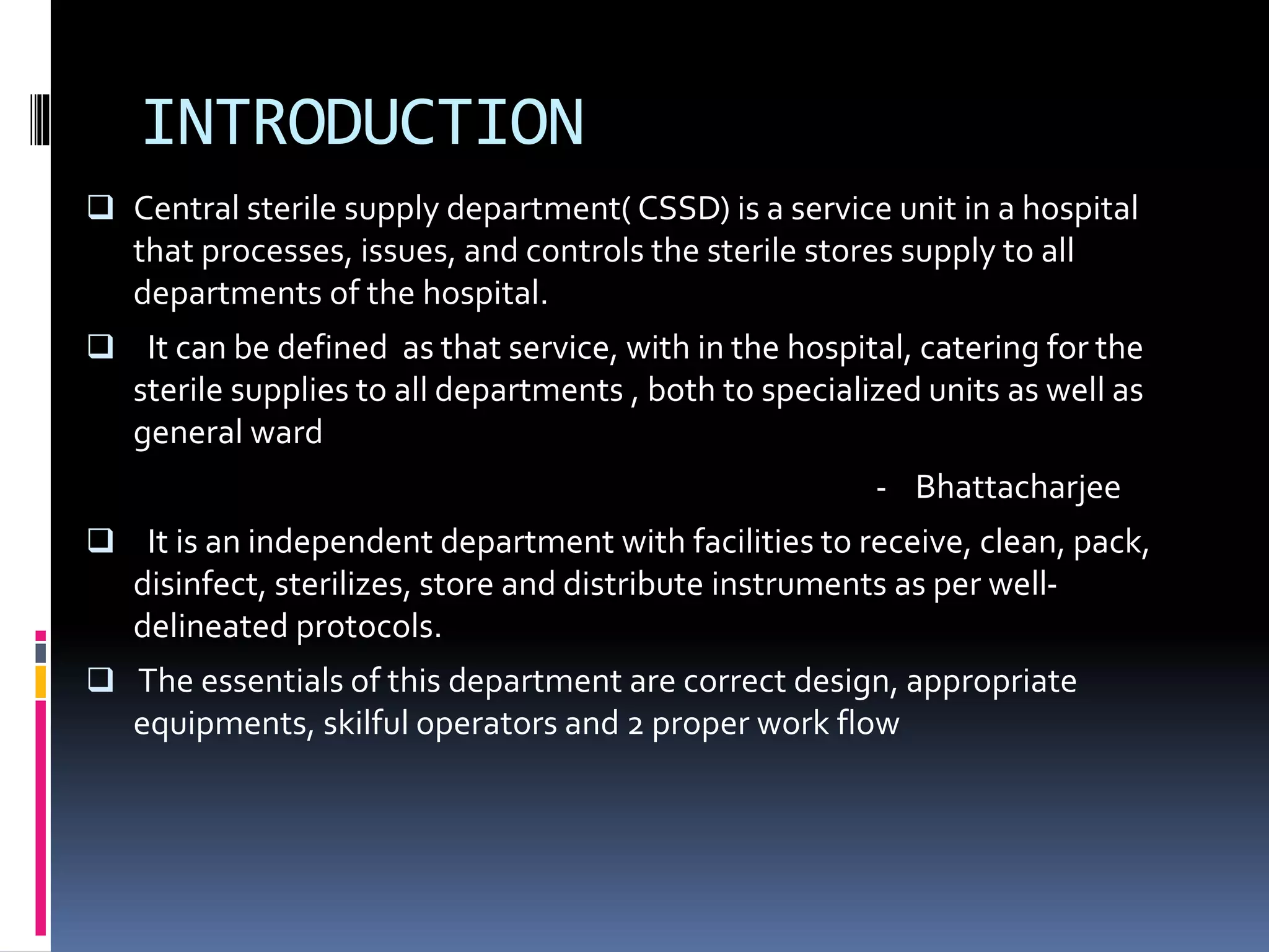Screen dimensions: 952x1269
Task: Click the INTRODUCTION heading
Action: pyautogui.click(x=363, y=123)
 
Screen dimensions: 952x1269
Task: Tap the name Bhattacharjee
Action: pyautogui.click(x=1017, y=487)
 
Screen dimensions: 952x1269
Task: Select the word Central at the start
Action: pyautogui.click(x=186, y=209)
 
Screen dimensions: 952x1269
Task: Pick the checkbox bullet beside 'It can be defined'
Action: pyautogui.click(x=100, y=346)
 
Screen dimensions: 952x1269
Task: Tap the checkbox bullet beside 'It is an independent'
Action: pyautogui.click(x=100, y=540)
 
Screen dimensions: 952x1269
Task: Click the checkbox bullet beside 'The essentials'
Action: pyautogui.click(x=100, y=680)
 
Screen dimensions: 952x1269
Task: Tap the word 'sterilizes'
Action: pyautogui.click(x=342, y=584)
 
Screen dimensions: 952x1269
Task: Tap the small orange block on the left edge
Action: pyautogui.click(x=40, y=682)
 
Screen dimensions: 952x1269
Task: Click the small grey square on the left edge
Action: pyautogui.click(x=40, y=653)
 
